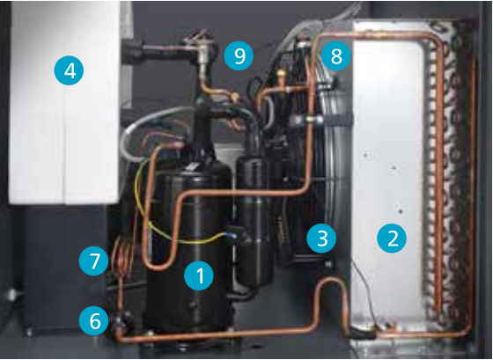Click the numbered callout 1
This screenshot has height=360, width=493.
(199, 276)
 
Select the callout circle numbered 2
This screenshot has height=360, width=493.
(392, 238)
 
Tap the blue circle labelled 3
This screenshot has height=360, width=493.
(321, 239)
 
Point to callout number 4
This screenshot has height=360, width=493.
(70, 70)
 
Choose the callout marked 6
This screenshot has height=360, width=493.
(94, 321)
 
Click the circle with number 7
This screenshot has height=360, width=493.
(94, 261)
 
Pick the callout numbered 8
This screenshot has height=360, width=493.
(336, 56)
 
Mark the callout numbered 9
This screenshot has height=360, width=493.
(239, 56)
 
